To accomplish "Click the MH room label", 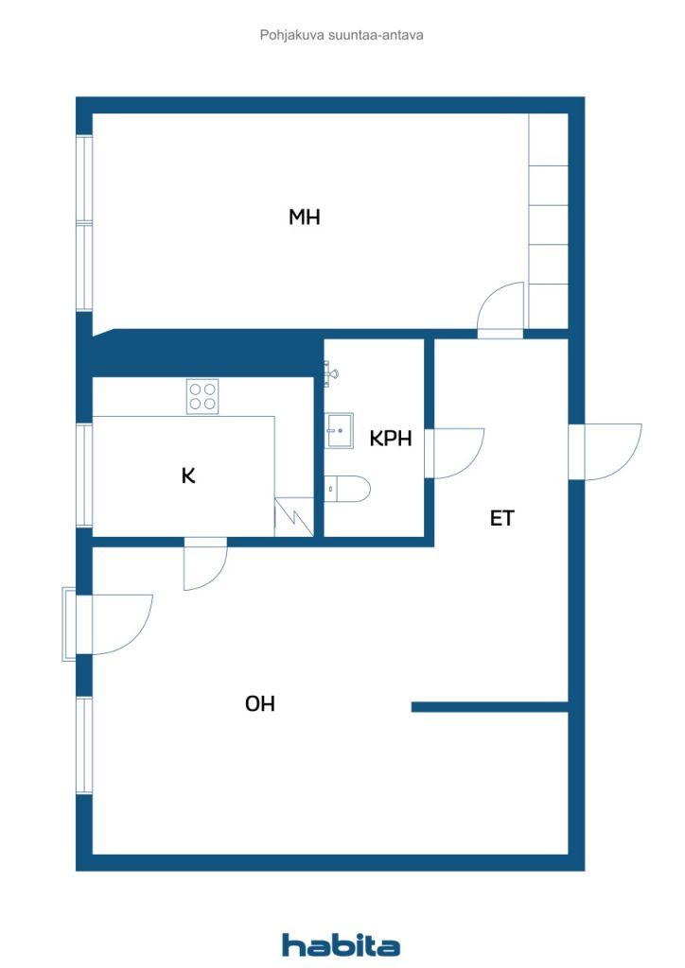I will point(305,217).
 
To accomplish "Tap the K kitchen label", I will point(188,475).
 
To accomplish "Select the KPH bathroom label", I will point(391,439).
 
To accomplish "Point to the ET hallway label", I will point(502,518).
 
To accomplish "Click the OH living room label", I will point(260,703).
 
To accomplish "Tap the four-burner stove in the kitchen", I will point(202,394).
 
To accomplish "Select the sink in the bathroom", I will point(340,430).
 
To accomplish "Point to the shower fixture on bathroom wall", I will point(329,374).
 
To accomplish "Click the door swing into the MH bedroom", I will point(502,310).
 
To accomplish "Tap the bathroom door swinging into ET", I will point(457,452).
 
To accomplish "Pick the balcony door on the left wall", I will point(118,623).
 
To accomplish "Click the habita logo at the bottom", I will point(341,944).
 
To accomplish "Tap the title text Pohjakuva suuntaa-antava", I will point(342,35).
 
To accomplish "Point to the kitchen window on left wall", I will point(84,475).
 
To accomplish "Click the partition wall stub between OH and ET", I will point(489,706).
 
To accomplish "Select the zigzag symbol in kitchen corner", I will point(294,518).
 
